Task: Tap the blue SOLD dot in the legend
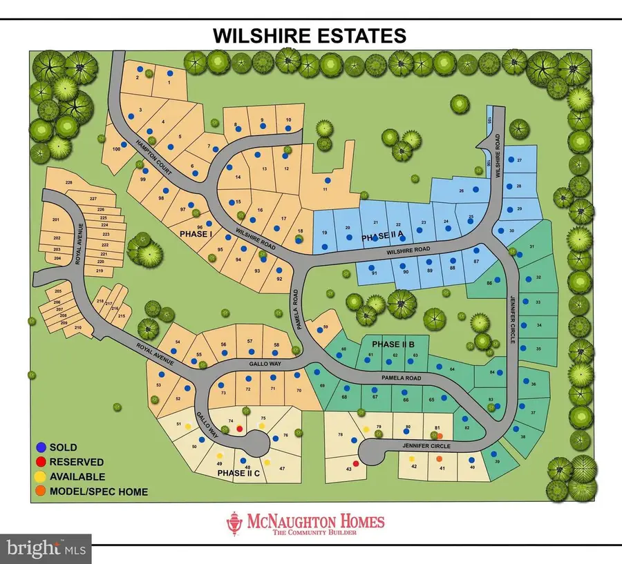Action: click(42, 448)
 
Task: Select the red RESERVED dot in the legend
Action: click(42, 462)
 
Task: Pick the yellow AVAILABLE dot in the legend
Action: click(42, 476)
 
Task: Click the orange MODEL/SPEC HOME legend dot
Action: click(42, 492)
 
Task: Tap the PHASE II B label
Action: click(393, 344)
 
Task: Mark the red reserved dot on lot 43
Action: click(356, 463)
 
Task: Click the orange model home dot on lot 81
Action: click(439, 435)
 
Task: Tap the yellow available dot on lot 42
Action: click(412, 458)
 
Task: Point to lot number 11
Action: click(324, 189)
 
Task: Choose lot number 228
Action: click(69, 182)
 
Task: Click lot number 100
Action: click(115, 149)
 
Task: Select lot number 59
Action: click(326, 327)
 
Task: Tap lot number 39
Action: click(496, 462)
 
